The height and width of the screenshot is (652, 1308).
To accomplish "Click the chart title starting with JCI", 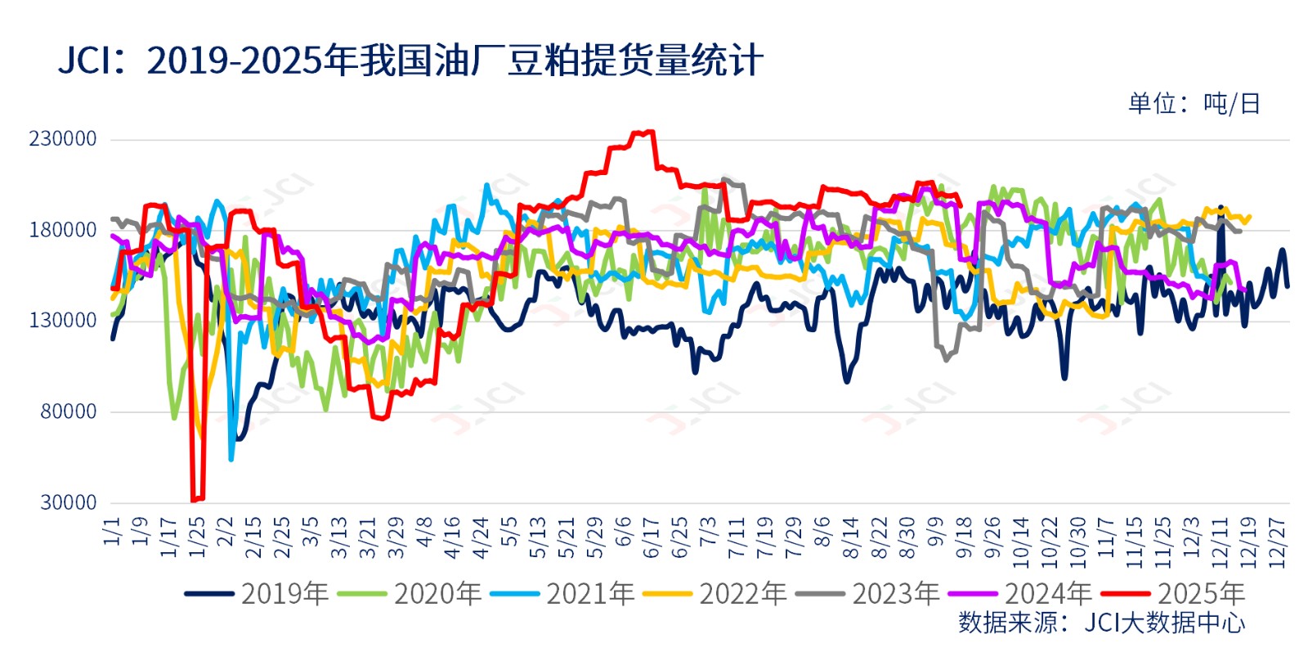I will coord(410,61).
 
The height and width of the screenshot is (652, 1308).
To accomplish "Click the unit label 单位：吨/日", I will coord(1194,104).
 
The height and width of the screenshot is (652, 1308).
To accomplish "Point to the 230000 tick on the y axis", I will coord(63,139).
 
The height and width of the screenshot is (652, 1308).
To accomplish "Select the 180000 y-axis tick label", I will coord(63,230).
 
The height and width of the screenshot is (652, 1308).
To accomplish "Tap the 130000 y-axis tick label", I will coord(63,321).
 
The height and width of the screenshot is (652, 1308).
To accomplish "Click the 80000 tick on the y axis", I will coord(68,411).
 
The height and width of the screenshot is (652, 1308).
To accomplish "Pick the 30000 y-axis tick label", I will coord(68,502).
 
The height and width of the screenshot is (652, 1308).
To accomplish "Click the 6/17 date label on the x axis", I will coord(652,537).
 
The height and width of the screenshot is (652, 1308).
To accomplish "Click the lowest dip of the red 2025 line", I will coord(194,500).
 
